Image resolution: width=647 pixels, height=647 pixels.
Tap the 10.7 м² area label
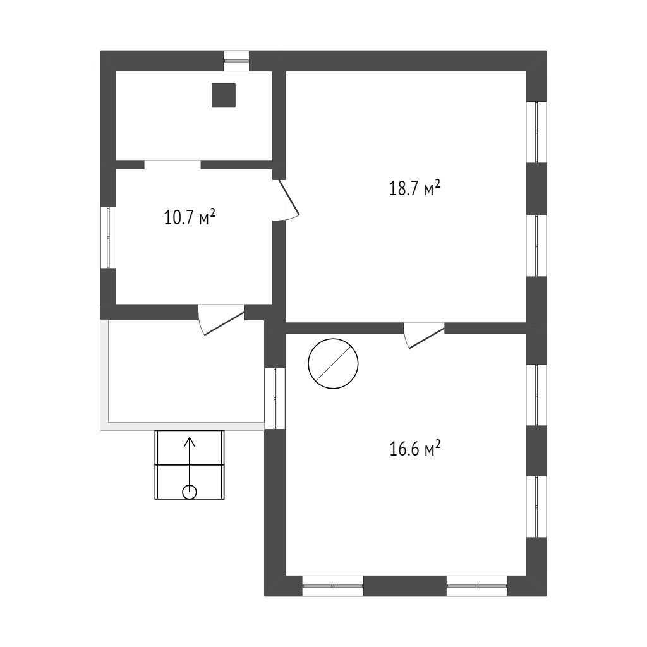pos(190,217)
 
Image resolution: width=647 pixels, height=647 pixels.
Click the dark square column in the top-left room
pos(224,95)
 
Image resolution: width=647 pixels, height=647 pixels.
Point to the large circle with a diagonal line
pos(333,363)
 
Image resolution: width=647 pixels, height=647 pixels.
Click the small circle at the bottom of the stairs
pos(190,492)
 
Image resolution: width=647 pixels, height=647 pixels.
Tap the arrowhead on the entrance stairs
pos(190,442)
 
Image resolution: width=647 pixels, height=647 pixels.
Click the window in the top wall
pos(236,61)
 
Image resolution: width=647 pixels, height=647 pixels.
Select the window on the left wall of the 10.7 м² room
pos(109,238)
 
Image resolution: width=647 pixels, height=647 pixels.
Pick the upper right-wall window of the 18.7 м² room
pos(536,132)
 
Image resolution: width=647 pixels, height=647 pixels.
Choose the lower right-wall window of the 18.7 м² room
pos(536,246)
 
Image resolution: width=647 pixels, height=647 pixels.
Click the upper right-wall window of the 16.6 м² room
pos(536,395)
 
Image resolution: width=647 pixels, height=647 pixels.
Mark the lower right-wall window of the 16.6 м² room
pos(536,507)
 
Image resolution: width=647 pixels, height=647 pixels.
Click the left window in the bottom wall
pos(333,586)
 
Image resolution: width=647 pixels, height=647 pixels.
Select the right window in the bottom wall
pos(477,586)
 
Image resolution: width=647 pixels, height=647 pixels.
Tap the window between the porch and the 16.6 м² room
pos(275,399)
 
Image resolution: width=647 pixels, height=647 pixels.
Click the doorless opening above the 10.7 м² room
pos(172,165)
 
